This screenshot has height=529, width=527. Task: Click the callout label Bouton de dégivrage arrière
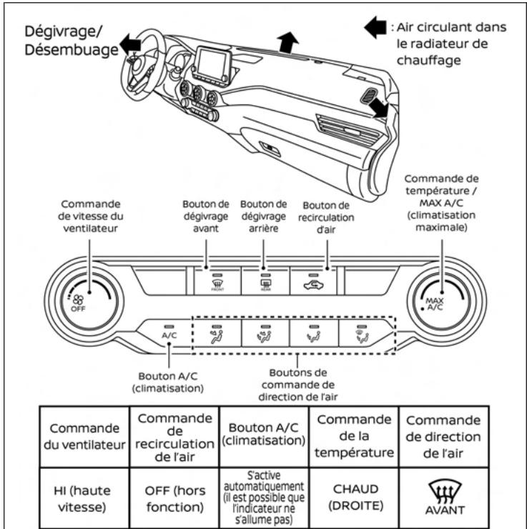264,214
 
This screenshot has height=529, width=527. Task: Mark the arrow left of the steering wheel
130,46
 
